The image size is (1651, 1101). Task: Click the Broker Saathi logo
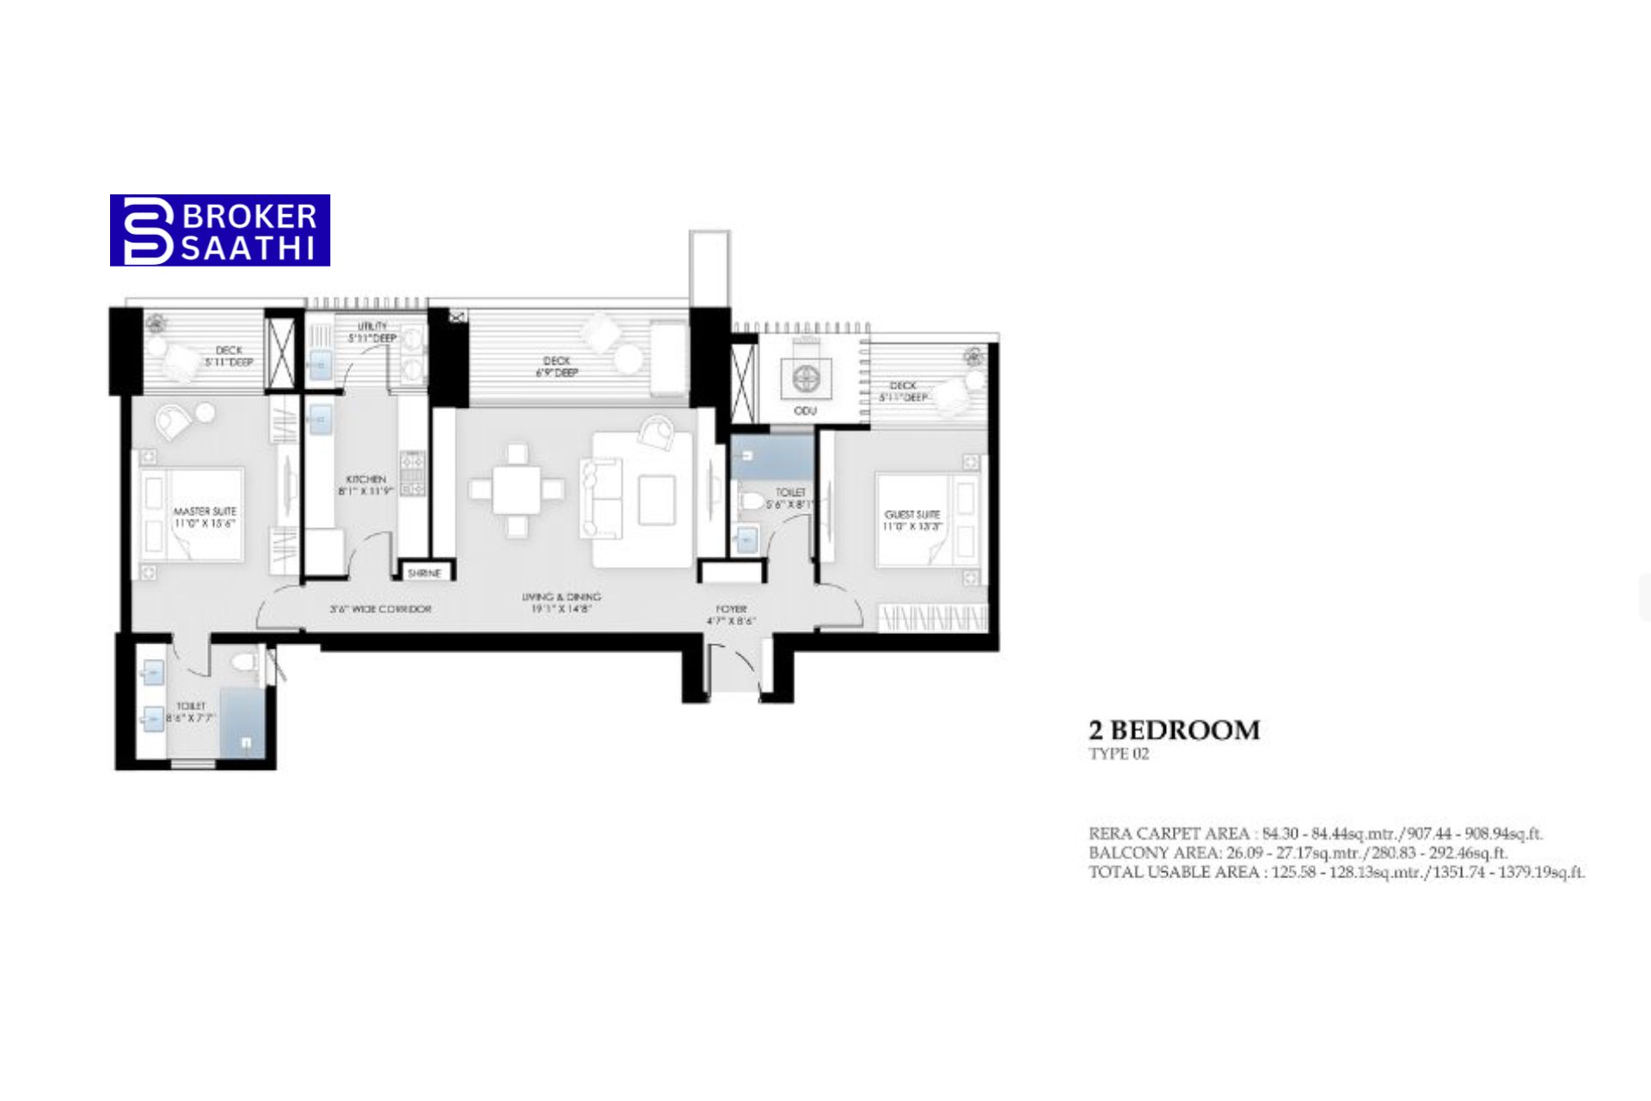pyautogui.click(x=220, y=230)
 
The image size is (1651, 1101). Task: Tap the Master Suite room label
pyautogui.click(x=205, y=517)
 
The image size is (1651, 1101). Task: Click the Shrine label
pyautogui.click(x=424, y=573)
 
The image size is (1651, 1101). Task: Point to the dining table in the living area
pyautogui.click(x=517, y=489)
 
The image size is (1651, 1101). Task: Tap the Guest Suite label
pyautogui.click(x=912, y=520)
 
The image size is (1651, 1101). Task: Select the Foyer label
pyautogui.click(x=732, y=614)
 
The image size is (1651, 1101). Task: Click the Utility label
pyautogui.click(x=372, y=332)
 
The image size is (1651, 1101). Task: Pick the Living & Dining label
pyautogui.click(x=562, y=602)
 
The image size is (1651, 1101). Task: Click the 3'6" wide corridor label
pyautogui.click(x=380, y=609)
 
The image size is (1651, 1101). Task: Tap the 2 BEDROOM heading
pyautogui.click(x=1174, y=730)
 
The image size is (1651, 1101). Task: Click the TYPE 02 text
pyautogui.click(x=1119, y=754)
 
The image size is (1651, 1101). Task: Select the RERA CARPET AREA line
pyautogui.click(x=1316, y=833)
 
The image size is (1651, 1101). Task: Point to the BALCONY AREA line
pyautogui.click(x=1298, y=853)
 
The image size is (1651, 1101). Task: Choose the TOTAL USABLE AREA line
pyautogui.click(x=1336, y=872)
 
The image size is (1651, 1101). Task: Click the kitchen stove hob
pyautogui.click(x=413, y=474)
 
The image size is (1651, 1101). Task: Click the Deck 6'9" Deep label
pyautogui.click(x=557, y=366)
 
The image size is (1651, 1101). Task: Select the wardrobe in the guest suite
pyautogui.click(x=933, y=618)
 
